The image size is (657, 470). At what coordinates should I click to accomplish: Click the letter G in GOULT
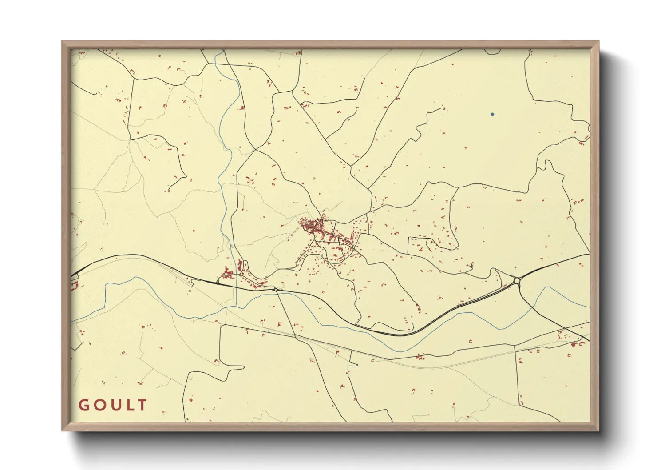[x=83, y=405]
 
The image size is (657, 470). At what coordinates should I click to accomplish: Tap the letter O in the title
[x=99, y=405]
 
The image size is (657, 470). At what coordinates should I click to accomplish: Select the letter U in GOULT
[x=115, y=405]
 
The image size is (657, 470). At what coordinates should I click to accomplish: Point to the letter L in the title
[x=129, y=405]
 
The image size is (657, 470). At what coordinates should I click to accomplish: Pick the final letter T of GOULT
[x=142, y=405]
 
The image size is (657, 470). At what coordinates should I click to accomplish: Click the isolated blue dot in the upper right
[x=492, y=114]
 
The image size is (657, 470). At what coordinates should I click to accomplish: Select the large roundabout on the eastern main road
[x=516, y=281]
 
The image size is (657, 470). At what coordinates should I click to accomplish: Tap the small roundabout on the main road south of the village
[x=276, y=290]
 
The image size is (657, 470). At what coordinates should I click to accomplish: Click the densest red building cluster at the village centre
[x=311, y=226]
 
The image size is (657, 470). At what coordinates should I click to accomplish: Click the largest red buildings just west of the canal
[x=229, y=271]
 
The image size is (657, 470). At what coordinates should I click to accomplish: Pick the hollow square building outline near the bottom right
[x=538, y=351]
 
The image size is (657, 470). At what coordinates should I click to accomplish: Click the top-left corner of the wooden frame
[x=62, y=42]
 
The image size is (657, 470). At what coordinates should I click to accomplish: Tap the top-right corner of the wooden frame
[x=599, y=42]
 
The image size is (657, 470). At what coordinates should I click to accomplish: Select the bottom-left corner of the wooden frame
[x=62, y=430]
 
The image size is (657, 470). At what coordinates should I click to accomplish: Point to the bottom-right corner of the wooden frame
[x=599, y=430]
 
